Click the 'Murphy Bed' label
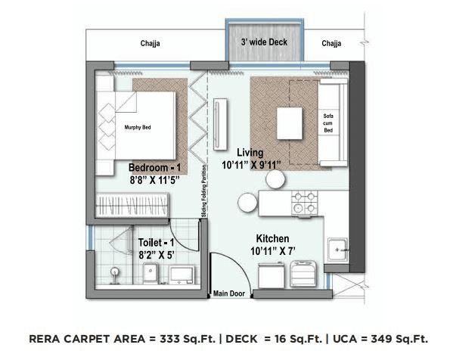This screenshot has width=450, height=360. click(138, 128)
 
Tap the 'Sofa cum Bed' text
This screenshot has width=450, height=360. click(328, 122)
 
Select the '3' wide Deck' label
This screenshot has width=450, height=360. click(265, 44)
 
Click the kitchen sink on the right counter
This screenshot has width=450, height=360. click(337, 246)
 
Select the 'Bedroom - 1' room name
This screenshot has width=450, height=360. click(155, 167)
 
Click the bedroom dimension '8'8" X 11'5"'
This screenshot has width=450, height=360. click(154, 181)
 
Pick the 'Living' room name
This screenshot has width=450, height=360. click(250, 152)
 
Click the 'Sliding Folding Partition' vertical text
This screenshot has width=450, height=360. click(204, 193)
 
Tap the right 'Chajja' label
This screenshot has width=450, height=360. click(331, 44)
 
